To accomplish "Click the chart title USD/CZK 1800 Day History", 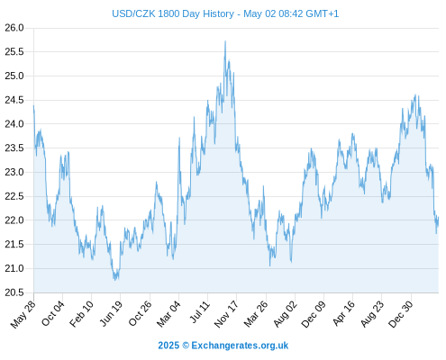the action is [173, 13].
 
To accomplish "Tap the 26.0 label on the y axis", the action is [14, 28].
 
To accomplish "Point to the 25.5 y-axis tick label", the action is [14, 52].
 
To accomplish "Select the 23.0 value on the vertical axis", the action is [14, 172].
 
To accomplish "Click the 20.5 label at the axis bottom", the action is [14, 292].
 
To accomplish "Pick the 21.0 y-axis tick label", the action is [14, 268].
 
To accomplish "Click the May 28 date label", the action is [23, 314].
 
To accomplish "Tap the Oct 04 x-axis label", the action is [53, 313].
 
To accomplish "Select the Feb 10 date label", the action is [81, 313].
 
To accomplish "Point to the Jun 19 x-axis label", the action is [111, 313].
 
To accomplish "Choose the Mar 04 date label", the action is [168, 313].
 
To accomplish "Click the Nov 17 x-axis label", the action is [226, 314].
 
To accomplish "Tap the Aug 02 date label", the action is [286, 313].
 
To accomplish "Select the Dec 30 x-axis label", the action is [401, 314].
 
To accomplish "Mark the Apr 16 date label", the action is [344, 313].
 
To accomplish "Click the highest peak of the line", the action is [225, 41].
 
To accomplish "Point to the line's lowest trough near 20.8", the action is [115, 280].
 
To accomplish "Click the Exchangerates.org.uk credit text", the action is [240, 346].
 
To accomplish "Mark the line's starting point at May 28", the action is [33, 105].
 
